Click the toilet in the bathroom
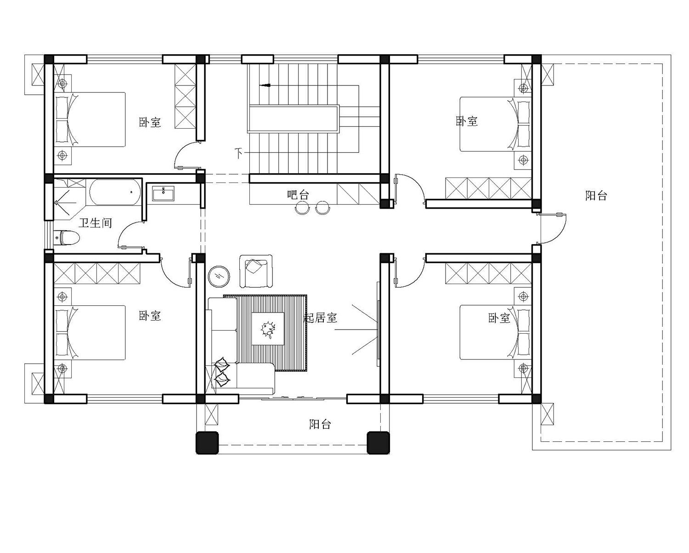pyautogui.click(x=67, y=238)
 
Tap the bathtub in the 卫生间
pyautogui.click(x=115, y=192)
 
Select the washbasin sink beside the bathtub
pyautogui.click(x=163, y=194)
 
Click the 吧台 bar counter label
pyautogui.click(x=298, y=194)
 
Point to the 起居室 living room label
pyautogui.click(x=320, y=318)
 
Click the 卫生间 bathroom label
pyautogui.click(x=96, y=222)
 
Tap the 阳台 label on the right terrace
pyautogui.click(x=596, y=195)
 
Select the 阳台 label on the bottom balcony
pyautogui.click(x=320, y=424)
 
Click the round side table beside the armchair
pyautogui.click(x=219, y=276)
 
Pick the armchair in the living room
pyautogui.click(x=256, y=271)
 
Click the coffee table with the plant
pyautogui.click(x=268, y=329)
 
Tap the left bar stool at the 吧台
pyautogui.click(x=302, y=208)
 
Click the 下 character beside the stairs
pyautogui.click(x=238, y=153)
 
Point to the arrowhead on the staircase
pyautogui.click(x=266, y=86)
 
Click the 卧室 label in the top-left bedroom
pyautogui.click(x=150, y=122)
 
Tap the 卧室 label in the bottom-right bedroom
pyautogui.click(x=499, y=318)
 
